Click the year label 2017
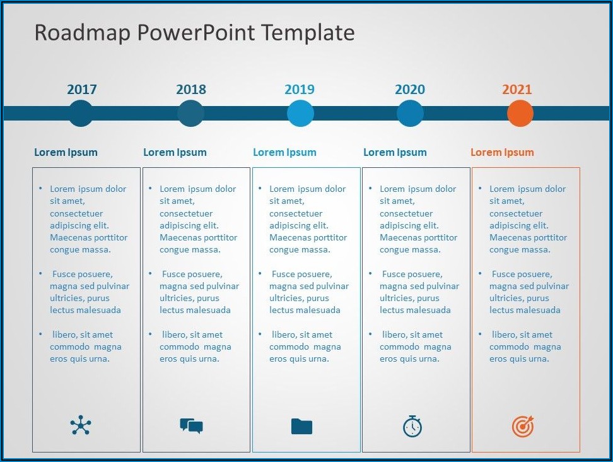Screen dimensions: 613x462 [x=82, y=90]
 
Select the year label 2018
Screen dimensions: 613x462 [x=191, y=90]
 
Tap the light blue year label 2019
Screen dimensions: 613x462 [x=300, y=90]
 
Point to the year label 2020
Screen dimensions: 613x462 [x=410, y=90]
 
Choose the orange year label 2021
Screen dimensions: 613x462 [x=517, y=90]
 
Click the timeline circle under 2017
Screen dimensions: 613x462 [x=81, y=114]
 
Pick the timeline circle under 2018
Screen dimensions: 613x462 [x=191, y=114]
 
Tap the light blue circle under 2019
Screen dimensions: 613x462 [x=300, y=114]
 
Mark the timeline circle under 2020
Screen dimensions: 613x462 [x=410, y=114]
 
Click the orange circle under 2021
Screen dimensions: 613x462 [x=520, y=114]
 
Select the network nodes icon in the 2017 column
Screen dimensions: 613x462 [x=81, y=425]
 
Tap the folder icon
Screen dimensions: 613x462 [x=302, y=427]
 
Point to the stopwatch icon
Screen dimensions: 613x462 [x=412, y=426]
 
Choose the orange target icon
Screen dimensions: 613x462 [x=523, y=426]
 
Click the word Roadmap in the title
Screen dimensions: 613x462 [x=83, y=32]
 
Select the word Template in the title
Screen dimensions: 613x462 [x=308, y=32]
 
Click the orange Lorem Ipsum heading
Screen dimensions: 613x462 [x=503, y=152]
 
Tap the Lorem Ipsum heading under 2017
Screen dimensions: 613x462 [x=66, y=152]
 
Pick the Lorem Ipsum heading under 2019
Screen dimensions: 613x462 [x=284, y=152]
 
